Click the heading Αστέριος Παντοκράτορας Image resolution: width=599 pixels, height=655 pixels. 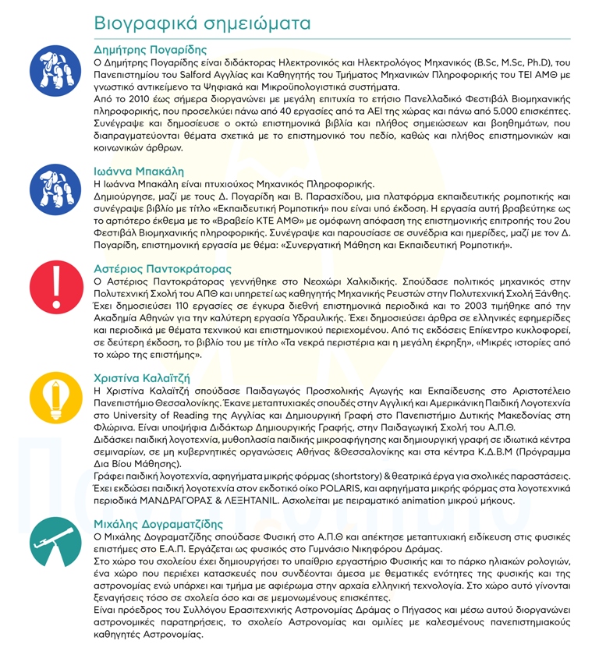[162, 269]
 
